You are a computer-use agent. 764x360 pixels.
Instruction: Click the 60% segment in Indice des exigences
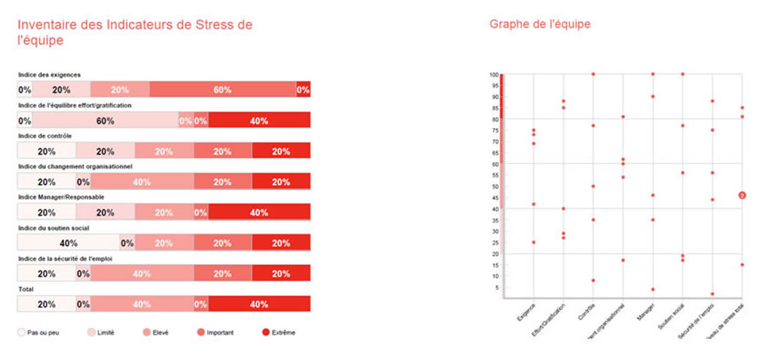click(x=222, y=90)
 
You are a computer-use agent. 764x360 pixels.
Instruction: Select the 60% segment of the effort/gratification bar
click(x=105, y=121)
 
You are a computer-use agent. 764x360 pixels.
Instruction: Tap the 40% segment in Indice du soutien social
click(x=68, y=243)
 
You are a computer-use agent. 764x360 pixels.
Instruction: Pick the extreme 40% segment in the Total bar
click(x=259, y=304)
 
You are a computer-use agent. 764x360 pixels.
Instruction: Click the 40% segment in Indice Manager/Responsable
click(x=259, y=212)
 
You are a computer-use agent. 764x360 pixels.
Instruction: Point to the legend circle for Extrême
click(x=265, y=332)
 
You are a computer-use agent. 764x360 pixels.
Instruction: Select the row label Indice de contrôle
click(x=41, y=136)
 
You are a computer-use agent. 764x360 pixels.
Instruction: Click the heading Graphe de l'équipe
click(x=540, y=24)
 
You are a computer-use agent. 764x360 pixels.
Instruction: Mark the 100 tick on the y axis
click(x=494, y=74)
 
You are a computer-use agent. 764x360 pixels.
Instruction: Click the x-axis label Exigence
click(x=525, y=312)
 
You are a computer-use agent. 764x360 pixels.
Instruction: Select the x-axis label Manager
click(x=647, y=312)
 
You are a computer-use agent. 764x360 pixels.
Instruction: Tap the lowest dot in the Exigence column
click(x=533, y=242)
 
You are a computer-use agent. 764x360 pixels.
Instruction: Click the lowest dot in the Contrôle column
click(x=593, y=281)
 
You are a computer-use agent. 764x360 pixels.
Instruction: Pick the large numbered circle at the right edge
click(x=743, y=196)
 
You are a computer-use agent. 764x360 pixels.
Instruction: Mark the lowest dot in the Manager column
click(x=653, y=289)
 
